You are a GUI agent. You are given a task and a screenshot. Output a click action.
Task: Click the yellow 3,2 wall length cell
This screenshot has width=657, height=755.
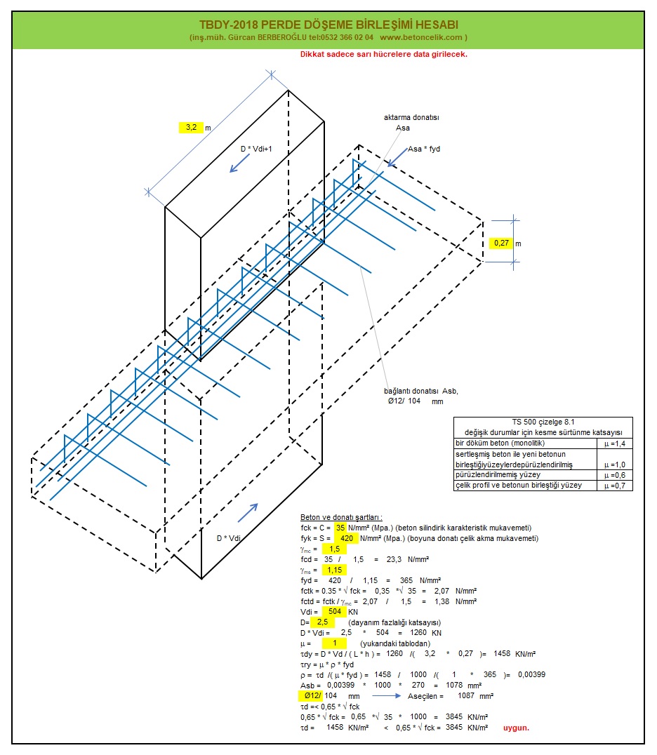click(x=190, y=127)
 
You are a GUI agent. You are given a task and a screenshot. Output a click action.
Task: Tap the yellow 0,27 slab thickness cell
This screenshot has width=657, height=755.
click(x=501, y=243)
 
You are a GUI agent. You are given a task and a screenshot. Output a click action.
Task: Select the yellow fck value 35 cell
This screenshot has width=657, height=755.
click(x=340, y=528)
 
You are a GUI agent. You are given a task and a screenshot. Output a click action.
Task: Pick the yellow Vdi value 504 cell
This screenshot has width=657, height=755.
click(x=333, y=612)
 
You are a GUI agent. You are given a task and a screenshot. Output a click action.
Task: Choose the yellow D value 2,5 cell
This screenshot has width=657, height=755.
click(x=321, y=622)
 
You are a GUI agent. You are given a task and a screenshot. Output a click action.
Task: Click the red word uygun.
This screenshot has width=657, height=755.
click(x=516, y=728)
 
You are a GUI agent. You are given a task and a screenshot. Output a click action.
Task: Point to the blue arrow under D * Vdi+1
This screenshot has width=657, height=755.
click(x=237, y=163)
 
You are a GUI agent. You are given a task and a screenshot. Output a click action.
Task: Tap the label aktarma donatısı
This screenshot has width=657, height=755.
click(x=411, y=118)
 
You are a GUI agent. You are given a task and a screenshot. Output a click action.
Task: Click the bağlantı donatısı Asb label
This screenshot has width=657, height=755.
click(x=420, y=391)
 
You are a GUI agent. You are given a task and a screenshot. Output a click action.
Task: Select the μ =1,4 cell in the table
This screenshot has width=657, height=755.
click(x=615, y=443)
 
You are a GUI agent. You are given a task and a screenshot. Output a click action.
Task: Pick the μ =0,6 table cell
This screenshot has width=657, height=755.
click(x=615, y=475)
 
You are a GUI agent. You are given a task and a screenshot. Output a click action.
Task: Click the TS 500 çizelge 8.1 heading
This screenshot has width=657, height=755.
click(x=543, y=421)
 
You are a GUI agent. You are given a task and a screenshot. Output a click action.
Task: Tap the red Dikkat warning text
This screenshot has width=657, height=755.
click(x=383, y=54)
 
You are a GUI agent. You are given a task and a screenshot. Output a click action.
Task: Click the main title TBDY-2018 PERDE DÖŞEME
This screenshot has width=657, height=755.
click(x=328, y=25)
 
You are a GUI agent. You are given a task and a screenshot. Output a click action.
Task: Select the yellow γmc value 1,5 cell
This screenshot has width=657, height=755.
click(x=333, y=549)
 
